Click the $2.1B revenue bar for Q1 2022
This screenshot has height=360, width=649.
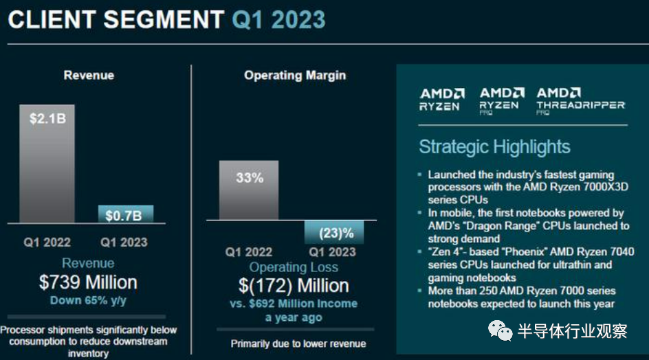coord(47,164)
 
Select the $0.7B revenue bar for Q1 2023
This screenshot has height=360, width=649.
coord(125,214)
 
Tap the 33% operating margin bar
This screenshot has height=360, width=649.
coord(249,190)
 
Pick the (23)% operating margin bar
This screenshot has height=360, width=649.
coord(334,232)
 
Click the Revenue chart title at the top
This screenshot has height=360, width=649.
coord(89,75)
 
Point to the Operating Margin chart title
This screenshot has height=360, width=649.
coord(295,75)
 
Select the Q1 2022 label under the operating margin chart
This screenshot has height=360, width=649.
coord(249,252)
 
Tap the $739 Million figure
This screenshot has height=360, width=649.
coord(89,282)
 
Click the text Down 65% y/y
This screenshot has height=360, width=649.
coord(89,300)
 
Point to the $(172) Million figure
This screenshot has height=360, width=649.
coord(294,286)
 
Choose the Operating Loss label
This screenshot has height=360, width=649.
coord(294,267)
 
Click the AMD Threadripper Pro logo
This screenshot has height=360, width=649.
coord(580,100)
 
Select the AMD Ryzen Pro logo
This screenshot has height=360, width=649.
coord(499,100)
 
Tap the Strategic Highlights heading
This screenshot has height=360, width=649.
coord(494,147)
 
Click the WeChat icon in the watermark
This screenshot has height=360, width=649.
coord(499,331)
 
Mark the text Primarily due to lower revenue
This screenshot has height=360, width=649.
coord(298,344)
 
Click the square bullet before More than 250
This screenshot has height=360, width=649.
coord(420,291)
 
